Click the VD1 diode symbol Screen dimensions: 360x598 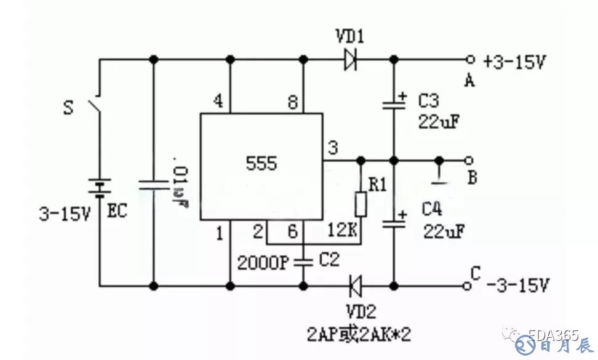[351, 60]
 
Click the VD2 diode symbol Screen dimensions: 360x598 [354, 286]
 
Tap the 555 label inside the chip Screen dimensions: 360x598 [261, 164]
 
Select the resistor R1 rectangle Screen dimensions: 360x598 [361, 205]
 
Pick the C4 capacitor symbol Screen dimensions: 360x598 [394, 223]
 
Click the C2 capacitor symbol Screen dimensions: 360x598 [303, 262]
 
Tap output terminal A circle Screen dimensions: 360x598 [471, 60]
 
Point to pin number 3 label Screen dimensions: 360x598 [333, 148]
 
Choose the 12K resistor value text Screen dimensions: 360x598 [343, 231]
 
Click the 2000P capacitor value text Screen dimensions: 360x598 [263, 262]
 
